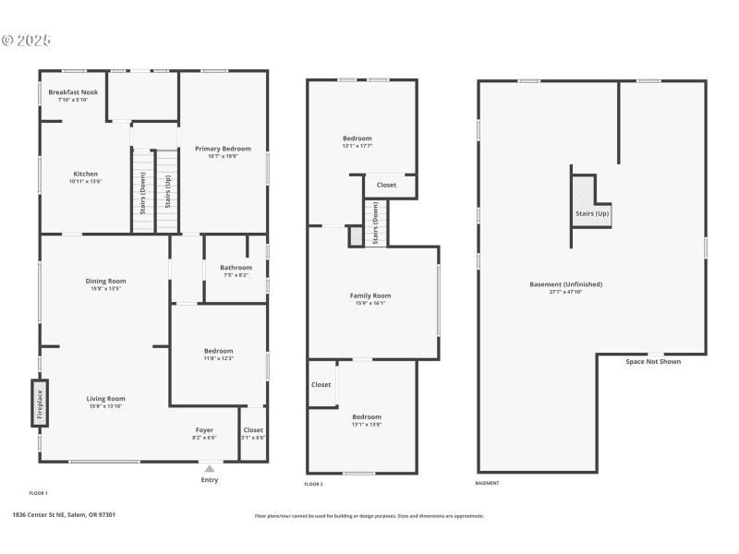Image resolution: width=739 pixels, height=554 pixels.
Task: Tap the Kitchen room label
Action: point(85,174)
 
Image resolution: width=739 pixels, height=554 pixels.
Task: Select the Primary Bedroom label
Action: point(223,149)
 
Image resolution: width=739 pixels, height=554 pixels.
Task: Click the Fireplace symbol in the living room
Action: point(40,403)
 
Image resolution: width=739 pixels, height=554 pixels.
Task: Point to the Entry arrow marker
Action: point(210,469)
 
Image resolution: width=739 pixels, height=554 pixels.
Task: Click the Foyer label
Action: point(204,430)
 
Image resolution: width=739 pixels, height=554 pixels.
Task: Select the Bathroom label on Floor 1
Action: point(236,268)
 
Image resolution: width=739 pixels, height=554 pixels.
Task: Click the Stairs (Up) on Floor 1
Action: point(167,191)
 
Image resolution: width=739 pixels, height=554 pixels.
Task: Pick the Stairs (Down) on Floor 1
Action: point(142,193)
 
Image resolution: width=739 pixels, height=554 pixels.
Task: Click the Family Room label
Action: point(369,295)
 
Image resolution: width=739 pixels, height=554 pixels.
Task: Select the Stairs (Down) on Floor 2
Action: point(375,223)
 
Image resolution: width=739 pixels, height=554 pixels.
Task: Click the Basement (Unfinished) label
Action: point(565,283)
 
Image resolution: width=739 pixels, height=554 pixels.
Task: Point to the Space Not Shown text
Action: point(653,361)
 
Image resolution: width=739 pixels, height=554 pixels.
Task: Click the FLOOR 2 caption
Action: point(313,484)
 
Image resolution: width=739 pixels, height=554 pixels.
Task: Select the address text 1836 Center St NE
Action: point(64,515)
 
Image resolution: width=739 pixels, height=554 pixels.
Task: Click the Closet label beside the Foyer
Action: point(253,430)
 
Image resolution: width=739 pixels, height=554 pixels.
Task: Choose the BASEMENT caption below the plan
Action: point(487,484)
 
